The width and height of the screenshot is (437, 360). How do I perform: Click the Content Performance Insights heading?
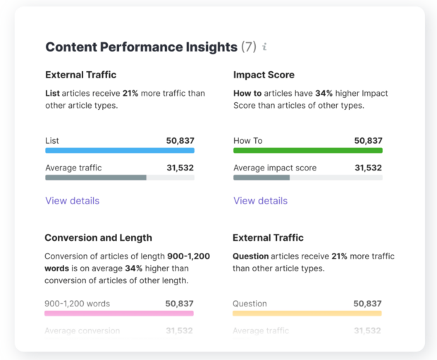click(x=141, y=47)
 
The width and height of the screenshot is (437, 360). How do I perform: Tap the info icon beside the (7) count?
click(x=264, y=47)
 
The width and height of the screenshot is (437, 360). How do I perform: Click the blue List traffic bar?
click(x=120, y=150)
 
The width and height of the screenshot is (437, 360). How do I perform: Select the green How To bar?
click(x=308, y=150)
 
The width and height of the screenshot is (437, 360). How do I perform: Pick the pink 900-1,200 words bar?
click(x=119, y=313)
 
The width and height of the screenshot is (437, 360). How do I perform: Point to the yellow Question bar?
click(x=307, y=313)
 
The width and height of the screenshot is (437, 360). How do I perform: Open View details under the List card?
click(x=73, y=201)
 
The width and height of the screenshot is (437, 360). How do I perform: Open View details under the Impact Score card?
click(x=261, y=201)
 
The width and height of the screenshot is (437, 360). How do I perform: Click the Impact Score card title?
click(x=264, y=75)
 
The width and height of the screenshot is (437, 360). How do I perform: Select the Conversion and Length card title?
click(x=98, y=237)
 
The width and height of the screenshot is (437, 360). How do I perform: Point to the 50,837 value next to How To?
click(x=368, y=140)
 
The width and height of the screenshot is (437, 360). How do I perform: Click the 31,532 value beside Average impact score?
click(x=368, y=168)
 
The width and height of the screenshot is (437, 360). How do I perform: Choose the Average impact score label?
click(x=275, y=168)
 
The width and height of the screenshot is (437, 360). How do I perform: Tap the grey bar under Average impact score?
click(x=261, y=178)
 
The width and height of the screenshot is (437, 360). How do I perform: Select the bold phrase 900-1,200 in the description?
click(x=188, y=256)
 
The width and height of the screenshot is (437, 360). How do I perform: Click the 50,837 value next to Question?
click(x=368, y=304)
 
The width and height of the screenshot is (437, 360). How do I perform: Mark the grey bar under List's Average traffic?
click(x=96, y=178)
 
